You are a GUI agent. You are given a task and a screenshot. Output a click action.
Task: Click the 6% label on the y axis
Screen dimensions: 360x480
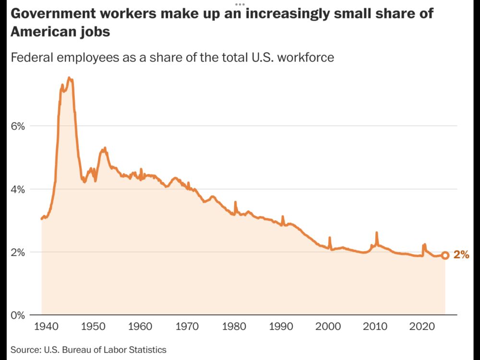18,126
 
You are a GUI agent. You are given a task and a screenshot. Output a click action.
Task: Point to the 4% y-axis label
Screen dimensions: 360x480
18,189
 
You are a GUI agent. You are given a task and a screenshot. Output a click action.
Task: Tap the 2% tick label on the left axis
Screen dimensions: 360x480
18,252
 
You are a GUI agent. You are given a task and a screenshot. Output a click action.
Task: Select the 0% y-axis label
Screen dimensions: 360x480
18,315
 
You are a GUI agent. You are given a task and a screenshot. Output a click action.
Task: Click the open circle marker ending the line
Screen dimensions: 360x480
445,255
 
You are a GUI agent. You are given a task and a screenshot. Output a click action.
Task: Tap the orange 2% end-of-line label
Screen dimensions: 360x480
461,255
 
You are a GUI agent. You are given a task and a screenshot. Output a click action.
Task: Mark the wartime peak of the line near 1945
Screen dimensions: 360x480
69,78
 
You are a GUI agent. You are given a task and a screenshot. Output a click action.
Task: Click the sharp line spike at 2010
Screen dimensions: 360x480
376,233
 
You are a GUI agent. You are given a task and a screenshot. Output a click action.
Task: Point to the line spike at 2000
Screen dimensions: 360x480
329,238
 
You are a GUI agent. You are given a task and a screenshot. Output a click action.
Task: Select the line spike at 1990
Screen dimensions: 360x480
283,216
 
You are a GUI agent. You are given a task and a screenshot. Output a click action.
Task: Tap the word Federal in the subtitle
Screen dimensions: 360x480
32,58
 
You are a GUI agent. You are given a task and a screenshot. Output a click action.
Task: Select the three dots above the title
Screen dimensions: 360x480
240,4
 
